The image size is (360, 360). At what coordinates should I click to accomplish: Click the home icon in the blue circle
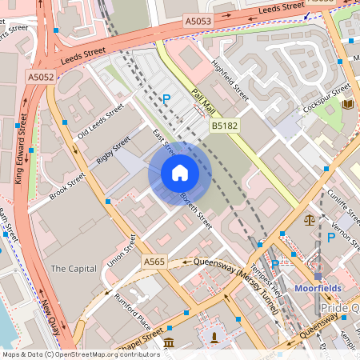pyautogui.click(x=180, y=174)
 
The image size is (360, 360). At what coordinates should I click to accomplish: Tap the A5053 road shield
pyautogui.click(x=198, y=20)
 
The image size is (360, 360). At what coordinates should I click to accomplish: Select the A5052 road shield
pyautogui.click(x=40, y=78)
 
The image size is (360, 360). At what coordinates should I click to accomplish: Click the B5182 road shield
pyautogui.click(x=223, y=126)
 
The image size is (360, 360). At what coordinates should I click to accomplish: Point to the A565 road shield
pyautogui.click(x=154, y=262)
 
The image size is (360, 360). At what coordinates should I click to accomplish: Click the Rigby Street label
pyautogui.click(x=113, y=150)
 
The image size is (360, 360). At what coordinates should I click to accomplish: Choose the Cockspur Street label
pyautogui.click(x=329, y=98)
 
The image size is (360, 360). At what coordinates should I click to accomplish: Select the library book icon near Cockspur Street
pyautogui.click(x=347, y=105)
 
